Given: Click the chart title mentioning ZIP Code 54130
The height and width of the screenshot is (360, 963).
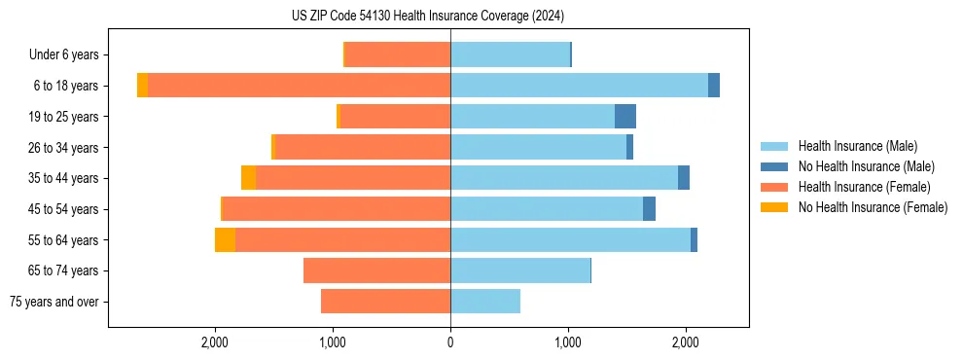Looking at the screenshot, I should [427, 17].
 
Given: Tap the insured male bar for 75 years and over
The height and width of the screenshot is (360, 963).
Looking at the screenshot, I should [485, 302].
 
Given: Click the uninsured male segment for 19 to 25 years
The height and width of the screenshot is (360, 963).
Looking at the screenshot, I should [625, 117].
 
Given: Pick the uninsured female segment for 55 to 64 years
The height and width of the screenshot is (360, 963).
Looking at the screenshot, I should [225, 240].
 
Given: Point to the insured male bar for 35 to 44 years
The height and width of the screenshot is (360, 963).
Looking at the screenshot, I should [564, 178].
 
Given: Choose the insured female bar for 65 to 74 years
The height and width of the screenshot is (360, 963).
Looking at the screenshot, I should [376, 270].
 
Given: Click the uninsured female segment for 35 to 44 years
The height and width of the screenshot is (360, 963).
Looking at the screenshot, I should [249, 178].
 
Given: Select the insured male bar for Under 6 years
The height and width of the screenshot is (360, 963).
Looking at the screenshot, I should [510, 54].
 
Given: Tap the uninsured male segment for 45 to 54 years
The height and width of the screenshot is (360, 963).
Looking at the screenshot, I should [649, 209].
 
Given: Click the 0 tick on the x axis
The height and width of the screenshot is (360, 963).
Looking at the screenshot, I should [450, 342].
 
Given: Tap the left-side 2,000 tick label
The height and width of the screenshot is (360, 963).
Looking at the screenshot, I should [215, 342].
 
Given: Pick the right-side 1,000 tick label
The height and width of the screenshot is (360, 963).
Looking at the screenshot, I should [568, 342].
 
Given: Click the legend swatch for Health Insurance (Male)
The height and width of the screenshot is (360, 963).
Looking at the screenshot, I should [774, 146].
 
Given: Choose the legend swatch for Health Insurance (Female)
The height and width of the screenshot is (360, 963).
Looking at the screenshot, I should [774, 187].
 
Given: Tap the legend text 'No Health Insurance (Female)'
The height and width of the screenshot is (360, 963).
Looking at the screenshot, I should [873, 207].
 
